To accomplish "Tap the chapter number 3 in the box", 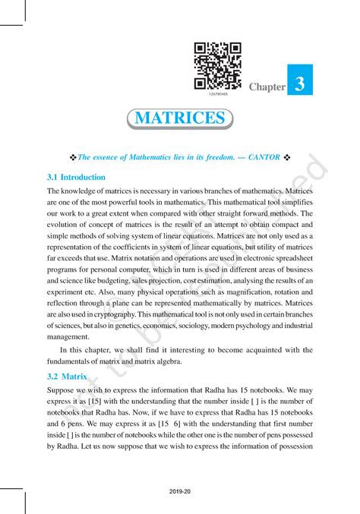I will point(302,85).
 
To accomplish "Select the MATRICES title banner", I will point(179,118).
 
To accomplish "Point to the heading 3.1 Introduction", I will point(76,177).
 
